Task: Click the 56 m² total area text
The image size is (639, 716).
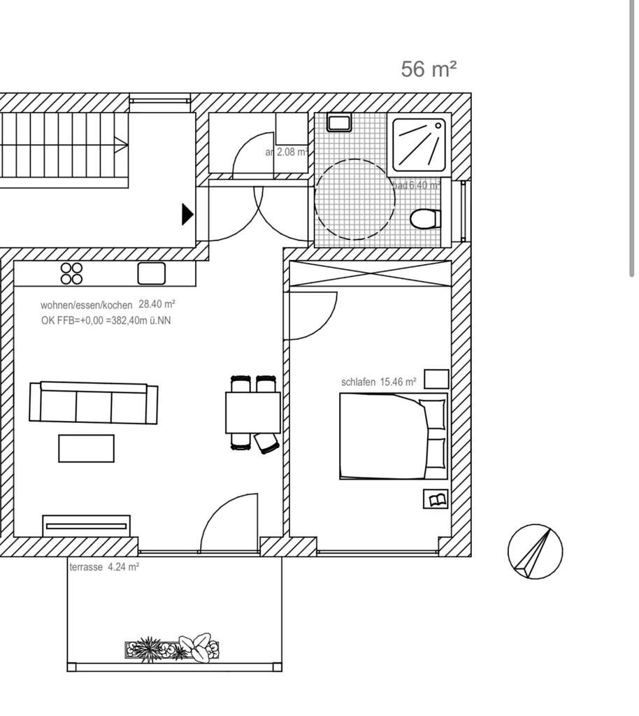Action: (429, 69)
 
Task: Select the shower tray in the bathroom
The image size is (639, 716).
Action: (419, 145)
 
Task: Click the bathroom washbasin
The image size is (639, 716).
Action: (340, 123)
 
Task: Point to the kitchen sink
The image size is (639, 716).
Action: (151, 273)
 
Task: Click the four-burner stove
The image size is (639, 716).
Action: (71, 273)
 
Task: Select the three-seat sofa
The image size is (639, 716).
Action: (93, 403)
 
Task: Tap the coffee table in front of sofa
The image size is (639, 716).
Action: (86, 448)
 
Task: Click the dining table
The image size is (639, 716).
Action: (252, 413)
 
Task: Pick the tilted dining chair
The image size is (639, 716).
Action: (266, 443)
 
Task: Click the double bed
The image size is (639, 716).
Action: (392, 436)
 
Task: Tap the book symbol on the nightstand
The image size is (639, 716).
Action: (436, 499)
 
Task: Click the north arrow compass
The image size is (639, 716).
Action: (535, 552)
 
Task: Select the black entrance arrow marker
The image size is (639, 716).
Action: (187, 214)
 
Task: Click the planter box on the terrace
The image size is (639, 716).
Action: (172, 649)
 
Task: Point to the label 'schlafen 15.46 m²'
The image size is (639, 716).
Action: (378, 382)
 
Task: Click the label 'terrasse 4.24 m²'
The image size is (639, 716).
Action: (103, 568)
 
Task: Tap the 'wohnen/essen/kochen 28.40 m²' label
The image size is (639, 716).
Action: (107, 305)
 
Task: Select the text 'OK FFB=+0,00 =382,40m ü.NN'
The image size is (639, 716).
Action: (106, 320)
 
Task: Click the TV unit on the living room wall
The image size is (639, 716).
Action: (87, 524)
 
